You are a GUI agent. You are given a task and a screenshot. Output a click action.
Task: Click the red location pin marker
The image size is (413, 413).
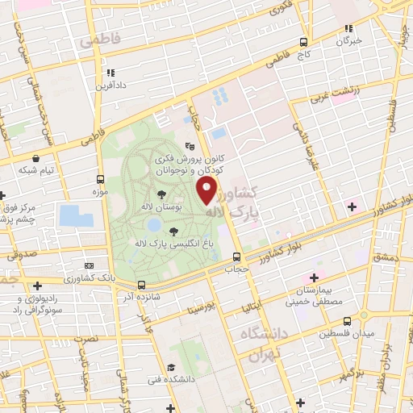(x=207, y=190)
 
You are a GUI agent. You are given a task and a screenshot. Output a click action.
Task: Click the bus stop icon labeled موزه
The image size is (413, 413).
(x=101, y=179)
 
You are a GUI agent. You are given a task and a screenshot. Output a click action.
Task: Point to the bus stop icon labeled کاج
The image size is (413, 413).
(x=303, y=42)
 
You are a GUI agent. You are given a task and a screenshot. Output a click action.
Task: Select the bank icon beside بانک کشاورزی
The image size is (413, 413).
(x=89, y=265)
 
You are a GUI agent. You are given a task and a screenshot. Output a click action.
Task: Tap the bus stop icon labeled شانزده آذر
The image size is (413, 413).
(x=141, y=285)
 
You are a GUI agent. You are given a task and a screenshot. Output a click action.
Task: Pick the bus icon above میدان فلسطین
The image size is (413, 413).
(x=363, y=314)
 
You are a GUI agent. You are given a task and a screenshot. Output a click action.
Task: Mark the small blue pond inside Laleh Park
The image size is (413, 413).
(x=153, y=225)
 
